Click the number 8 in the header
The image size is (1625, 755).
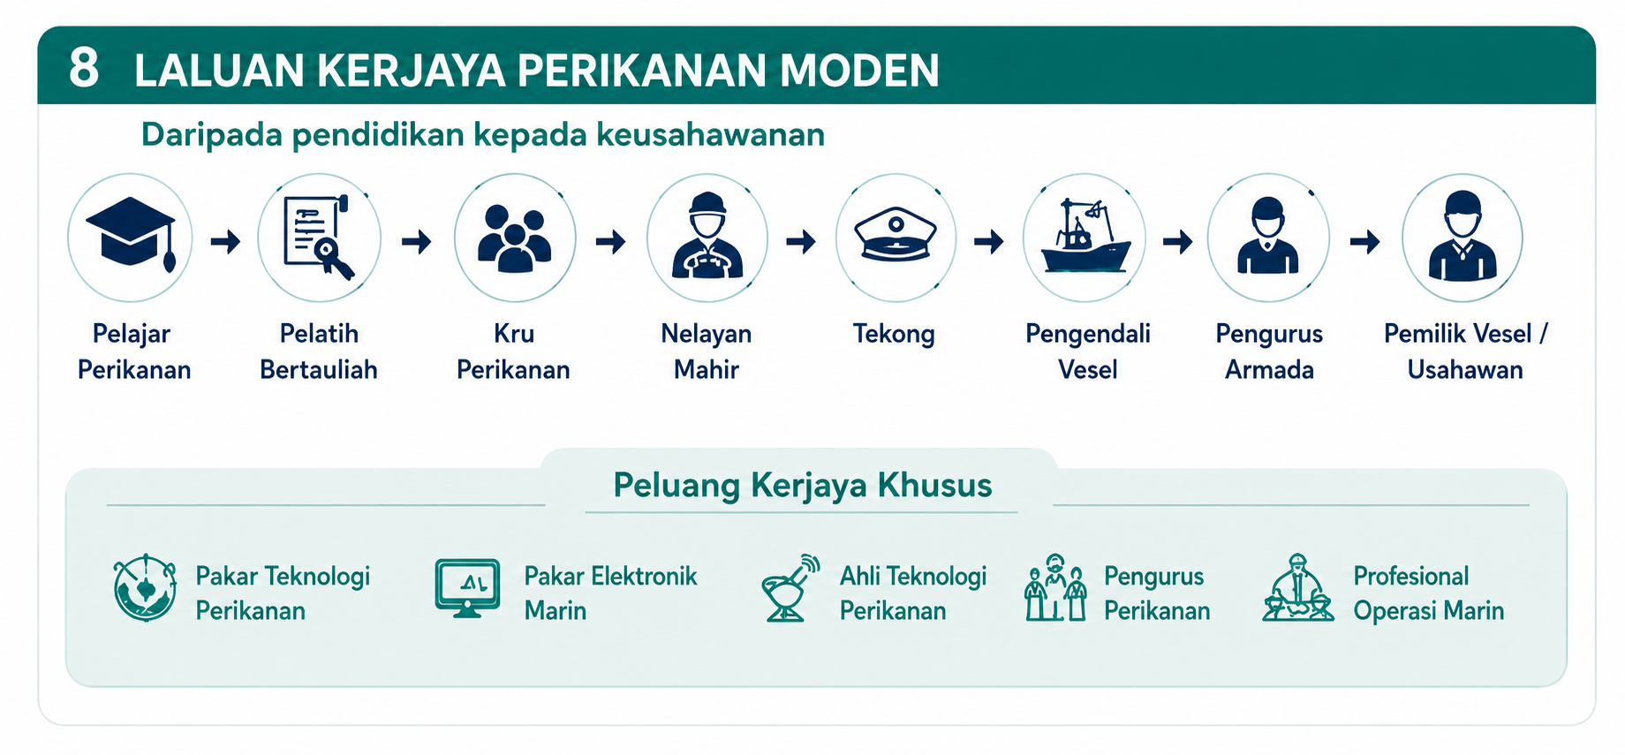tap(84, 69)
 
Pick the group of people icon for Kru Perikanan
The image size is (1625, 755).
tap(515, 238)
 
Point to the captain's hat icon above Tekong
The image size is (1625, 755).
tap(896, 234)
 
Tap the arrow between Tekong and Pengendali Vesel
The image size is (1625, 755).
tap(989, 241)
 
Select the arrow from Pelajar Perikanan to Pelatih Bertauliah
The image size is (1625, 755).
tap(225, 241)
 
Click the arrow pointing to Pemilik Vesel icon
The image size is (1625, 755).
tap(1365, 241)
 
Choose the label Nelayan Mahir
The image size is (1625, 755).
tap(707, 351)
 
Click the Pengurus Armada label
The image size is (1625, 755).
tap(1269, 351)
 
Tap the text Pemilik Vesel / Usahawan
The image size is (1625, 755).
tap(1465, 351)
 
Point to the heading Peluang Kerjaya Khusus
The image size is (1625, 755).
tap(803, 485)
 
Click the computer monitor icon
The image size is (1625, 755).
tap(467, 588)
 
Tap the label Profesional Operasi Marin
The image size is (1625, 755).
tap(1428, 593)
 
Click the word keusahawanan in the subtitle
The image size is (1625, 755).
tap(711, 134)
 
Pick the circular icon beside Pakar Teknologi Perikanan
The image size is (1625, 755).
tap(145, 588)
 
